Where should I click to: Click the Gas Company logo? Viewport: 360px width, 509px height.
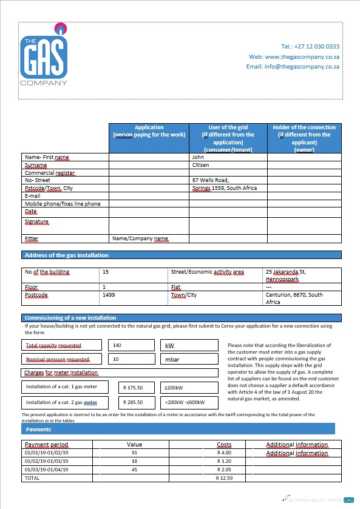point(44,55)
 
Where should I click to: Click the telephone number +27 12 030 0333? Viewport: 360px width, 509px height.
point(310,46)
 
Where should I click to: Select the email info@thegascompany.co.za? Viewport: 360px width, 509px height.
point(292,66)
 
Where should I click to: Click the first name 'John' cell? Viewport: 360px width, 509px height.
point(198,157)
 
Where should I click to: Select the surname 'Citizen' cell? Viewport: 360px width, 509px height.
point(201,165)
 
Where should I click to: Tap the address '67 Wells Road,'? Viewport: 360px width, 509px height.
point(210,180)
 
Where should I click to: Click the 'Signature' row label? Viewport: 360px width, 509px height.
point(36,222)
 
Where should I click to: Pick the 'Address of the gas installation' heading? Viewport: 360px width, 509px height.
point(67,255)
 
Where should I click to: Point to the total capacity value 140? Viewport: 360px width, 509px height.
point(118,345)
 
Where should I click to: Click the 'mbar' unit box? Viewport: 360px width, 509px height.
point(172,360)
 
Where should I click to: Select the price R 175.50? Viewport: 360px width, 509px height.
point(132,386)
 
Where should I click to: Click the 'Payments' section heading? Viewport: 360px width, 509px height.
point(39,430)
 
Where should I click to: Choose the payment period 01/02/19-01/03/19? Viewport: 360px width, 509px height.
point(47,461)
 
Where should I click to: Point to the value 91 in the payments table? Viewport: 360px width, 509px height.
point(134,453)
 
